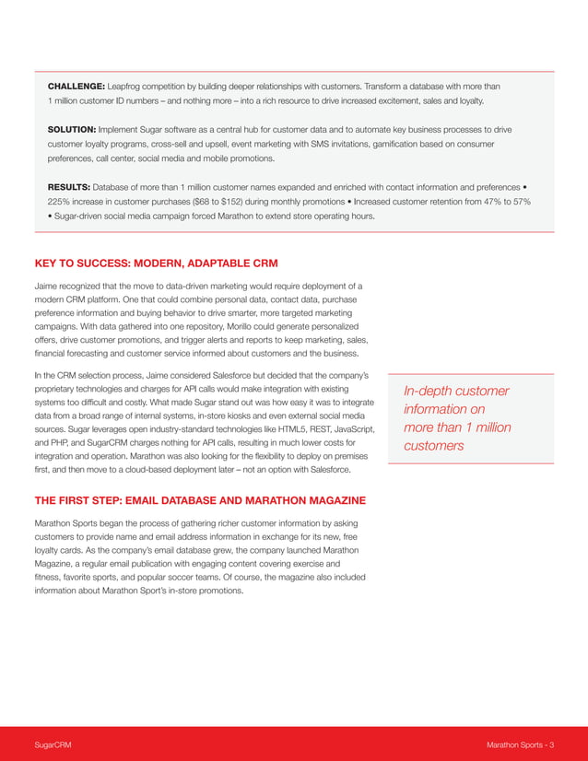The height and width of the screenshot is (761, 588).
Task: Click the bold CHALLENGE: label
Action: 76,85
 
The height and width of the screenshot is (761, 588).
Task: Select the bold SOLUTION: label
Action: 71,130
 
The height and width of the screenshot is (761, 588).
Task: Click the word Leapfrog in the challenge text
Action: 128,85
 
